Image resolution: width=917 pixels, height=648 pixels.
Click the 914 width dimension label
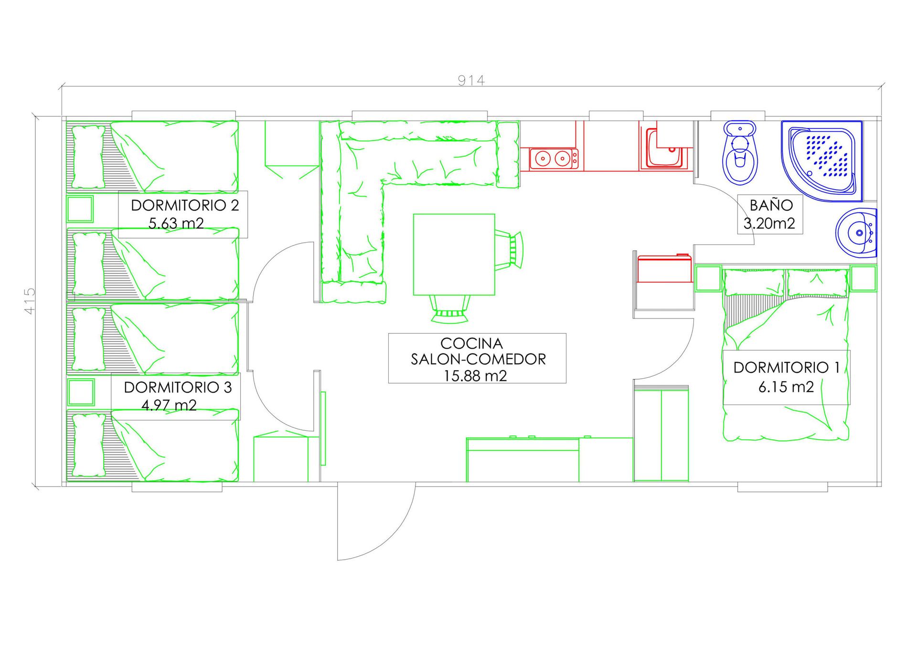471,80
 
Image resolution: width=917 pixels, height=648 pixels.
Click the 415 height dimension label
30,300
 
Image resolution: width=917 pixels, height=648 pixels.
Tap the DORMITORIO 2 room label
185,205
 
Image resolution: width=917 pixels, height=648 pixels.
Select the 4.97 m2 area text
169,405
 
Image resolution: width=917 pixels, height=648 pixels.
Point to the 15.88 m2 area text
475,376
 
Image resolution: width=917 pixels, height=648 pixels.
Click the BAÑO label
771,205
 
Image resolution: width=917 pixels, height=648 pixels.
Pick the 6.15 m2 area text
786,386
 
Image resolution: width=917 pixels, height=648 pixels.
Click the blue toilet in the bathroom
740,152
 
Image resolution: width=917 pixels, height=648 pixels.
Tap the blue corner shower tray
822,161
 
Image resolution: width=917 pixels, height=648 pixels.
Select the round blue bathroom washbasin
856,233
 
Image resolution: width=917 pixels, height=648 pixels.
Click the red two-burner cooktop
554,158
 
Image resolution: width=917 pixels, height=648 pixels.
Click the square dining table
454,255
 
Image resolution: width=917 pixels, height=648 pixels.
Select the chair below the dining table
449,308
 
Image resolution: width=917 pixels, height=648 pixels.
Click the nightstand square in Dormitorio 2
80,209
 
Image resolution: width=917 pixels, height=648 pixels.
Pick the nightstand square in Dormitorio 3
81,392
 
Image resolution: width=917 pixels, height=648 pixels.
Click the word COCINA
471,343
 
